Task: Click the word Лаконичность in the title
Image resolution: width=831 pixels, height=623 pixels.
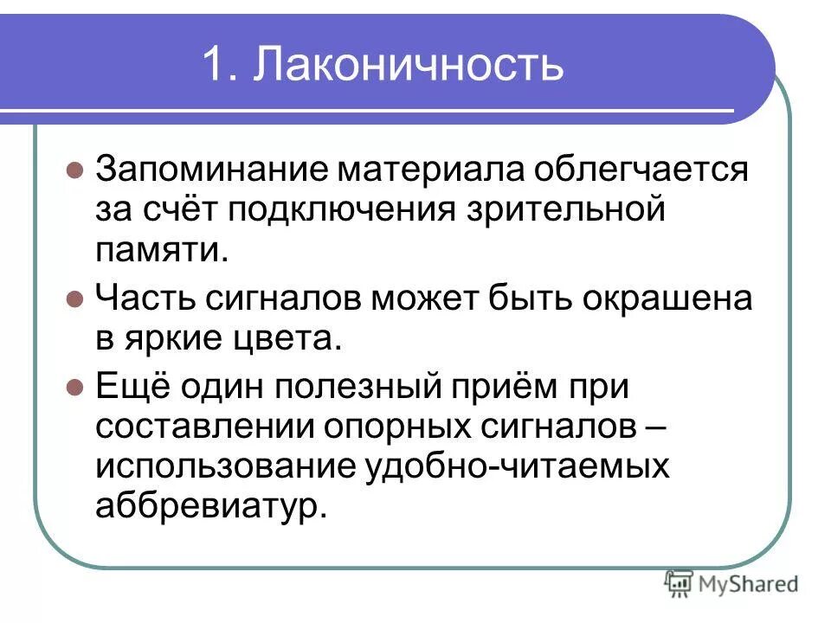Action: click(408, 65)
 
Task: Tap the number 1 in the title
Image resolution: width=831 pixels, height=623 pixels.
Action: click(215, 65)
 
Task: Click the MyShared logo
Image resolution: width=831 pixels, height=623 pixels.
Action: click(731, 584)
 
